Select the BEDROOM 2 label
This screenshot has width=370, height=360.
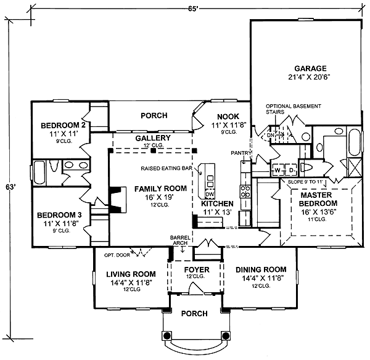click(x=62, y=126)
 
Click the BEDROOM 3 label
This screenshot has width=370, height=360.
click(x=59, y=215)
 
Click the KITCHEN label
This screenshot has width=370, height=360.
click(x=217, y=203)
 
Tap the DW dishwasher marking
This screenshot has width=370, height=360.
click(x=210, y=194)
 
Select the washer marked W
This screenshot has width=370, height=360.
click(x=277, y=169)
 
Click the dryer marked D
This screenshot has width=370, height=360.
click(x=290, y=169)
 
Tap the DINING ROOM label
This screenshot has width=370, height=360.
click(x=261, y=269)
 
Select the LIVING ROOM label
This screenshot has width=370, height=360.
click(x=129, y=274)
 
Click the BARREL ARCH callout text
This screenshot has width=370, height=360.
click(x=181, y=240)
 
